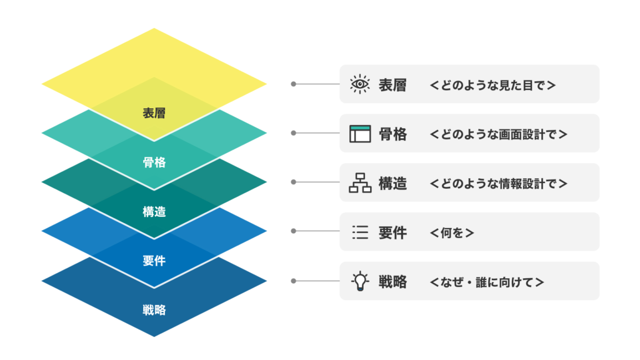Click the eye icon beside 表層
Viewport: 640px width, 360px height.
click(x=360, y=84)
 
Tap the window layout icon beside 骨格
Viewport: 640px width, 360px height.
click(x=360, y=133)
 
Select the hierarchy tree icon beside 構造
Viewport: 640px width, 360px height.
click(x=360, y=182)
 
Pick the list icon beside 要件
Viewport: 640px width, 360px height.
click(x=360, y=232)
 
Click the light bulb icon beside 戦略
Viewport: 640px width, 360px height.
click(x=360, y=281)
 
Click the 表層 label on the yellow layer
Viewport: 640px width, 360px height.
click(x=154, y=114)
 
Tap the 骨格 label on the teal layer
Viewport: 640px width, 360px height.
click(x=154, y=162)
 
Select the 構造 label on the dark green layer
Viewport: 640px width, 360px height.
click(x=154, y=212)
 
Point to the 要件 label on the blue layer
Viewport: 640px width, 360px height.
click(x=154, y=261)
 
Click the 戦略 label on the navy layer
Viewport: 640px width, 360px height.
click(x=154, y=309)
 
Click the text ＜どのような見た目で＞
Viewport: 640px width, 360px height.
click(x=492, y=84)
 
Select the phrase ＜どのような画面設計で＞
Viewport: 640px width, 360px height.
click(x=499, y=134)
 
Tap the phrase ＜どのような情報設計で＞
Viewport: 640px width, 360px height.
click(x=499, y=183)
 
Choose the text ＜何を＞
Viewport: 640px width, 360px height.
click(x=452, y=232)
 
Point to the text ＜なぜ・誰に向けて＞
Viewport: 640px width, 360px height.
click(x=487, y=282)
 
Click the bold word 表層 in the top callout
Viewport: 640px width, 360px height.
click(x=392, y=84)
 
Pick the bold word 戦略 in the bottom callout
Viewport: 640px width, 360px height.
click(x=392, y=282)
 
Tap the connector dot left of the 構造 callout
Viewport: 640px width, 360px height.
click(x=293, y=182)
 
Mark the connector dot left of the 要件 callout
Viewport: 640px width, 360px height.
click(x=293, y=231)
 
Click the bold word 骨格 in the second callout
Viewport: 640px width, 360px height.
click(x=392, y=134)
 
